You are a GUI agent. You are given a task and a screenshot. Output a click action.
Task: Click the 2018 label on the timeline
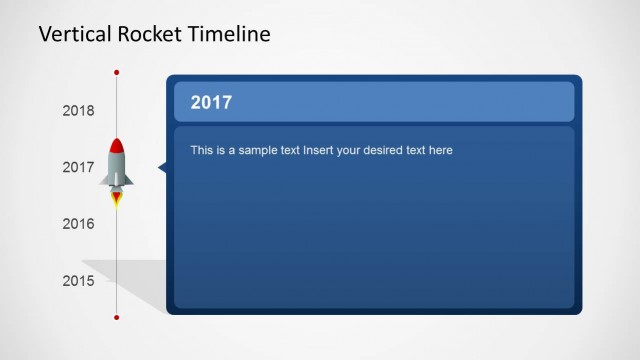pyautogui.click(x=78, y=111)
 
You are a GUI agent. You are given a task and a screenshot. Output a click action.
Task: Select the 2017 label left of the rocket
pyautogui.click(x=78, y=168)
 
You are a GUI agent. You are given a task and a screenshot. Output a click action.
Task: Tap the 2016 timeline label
pyautogui.click(x=78, y=224)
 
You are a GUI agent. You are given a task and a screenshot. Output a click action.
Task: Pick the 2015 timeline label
pyautogui.click(x=78, y=281)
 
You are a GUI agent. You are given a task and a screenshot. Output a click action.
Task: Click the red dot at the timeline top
pyautogui.click(x=117, y=73)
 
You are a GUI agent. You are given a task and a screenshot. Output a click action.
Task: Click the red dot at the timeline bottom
pyautogui.click(x=117, y=317)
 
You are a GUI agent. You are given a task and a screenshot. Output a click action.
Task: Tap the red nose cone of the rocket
pyautogui.click(x=117, y=146)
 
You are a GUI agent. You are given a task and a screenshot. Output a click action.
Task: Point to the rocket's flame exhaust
pyautogui.click(x=117, y=198)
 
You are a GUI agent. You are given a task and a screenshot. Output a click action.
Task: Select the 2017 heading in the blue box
pyautogui.click(x=211, y=102)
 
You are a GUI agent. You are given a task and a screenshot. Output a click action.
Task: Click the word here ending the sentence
pyautogui.click(x=440, y=151)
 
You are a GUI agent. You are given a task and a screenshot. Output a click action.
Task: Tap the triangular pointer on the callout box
pyautogui.click(x=162, y=168)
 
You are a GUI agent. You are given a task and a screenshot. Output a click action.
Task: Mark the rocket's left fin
pyautogui.click(x=105, y=180)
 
